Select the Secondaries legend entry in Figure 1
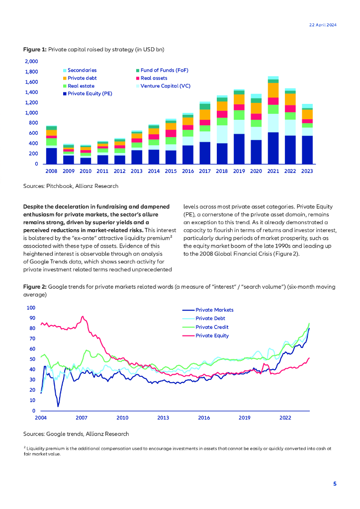(82, 71)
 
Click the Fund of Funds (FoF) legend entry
(164, 71)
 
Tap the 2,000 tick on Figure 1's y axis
(31, 61)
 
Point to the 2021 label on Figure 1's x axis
(273, 171)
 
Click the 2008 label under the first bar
(51, 171)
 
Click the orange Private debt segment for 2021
(273, 90)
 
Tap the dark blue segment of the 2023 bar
(307, 150)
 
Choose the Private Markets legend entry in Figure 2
(214, 310)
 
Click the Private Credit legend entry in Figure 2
(212, 327)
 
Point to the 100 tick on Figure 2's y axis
(31, 308)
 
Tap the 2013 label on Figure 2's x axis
(163, 418)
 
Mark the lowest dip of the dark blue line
(58, 407)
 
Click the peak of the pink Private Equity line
(83, 317)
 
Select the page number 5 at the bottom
(335, 484)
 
